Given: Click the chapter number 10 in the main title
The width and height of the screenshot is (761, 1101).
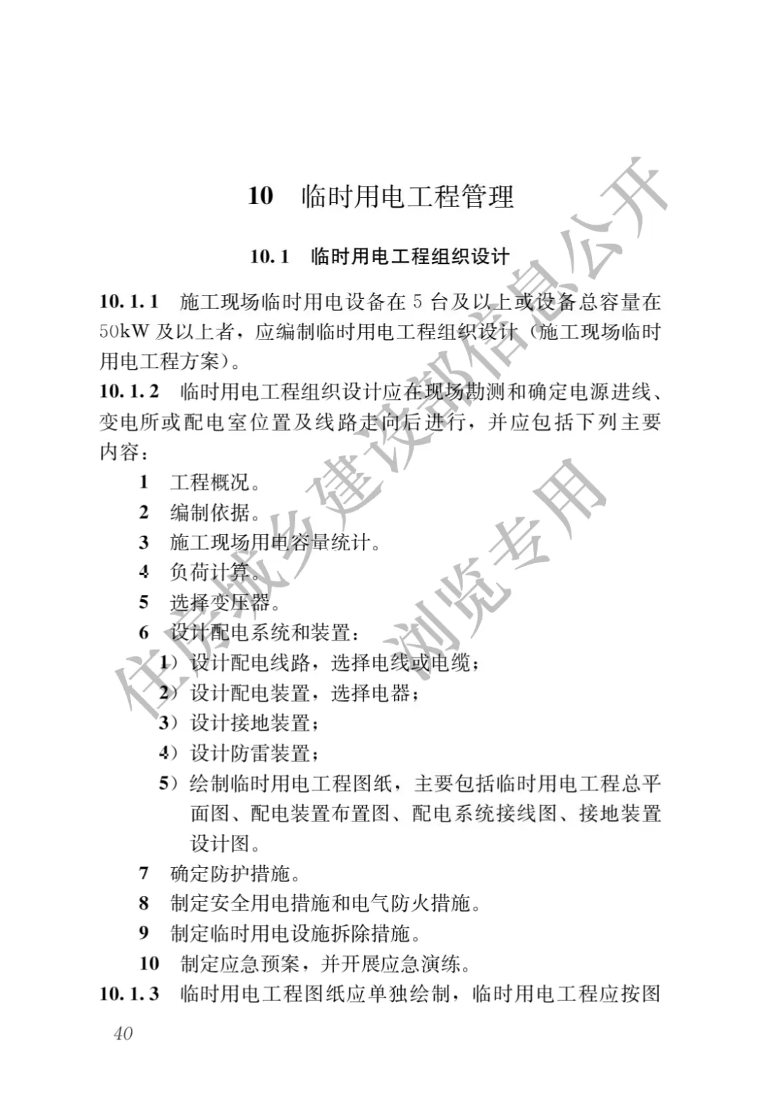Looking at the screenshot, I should point(260,196).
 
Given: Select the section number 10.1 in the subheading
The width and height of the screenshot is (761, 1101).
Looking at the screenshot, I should point(269,256).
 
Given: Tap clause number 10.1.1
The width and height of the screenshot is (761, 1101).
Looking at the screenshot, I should point(129,302).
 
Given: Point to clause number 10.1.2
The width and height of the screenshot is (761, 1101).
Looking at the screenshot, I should point(129,391).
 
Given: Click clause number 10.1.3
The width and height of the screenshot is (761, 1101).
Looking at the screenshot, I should point(129,994).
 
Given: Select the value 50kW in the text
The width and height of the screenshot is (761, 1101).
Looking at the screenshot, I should point(124,332).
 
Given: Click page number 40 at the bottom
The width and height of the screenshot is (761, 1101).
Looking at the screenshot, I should point(123,1033).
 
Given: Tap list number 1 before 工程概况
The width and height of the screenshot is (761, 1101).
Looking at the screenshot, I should point(144,482).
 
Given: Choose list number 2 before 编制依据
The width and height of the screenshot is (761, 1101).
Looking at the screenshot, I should point(144,512).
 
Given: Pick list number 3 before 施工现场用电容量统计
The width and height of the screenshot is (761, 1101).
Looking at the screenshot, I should point(144,543).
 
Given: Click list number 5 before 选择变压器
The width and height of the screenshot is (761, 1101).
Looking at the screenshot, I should point(144,603).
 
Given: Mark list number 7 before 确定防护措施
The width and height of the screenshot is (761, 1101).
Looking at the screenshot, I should point(144,874).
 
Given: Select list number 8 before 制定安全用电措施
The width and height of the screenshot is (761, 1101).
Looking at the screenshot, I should point(144,903).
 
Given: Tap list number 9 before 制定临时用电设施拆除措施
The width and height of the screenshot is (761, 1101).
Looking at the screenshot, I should point(144,933).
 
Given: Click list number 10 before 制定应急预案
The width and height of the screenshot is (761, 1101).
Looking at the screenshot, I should point(149,964).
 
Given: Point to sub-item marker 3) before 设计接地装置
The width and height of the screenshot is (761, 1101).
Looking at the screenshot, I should point(168,723).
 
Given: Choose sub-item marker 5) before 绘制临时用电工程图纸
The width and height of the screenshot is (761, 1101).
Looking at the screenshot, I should point(168,784).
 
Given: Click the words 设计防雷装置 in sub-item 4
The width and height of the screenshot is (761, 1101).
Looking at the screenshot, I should point(250,753).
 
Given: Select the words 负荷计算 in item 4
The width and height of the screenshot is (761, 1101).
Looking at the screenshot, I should point(210,572).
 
